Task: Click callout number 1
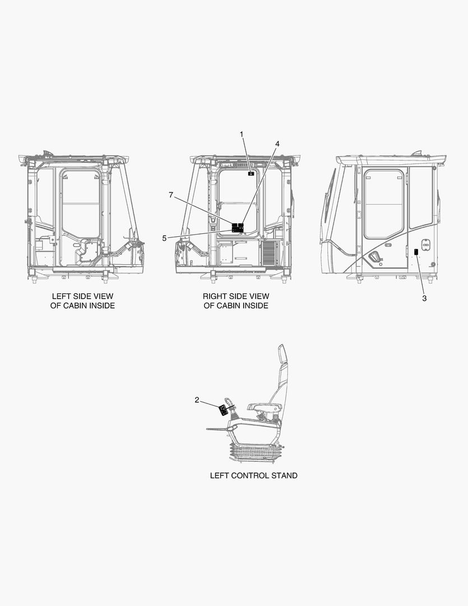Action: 242,135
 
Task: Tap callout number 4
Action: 277,144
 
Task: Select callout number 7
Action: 171,195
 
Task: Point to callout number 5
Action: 164,238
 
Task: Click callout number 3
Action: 424,299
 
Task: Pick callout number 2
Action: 197,400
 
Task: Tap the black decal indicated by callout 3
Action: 416,252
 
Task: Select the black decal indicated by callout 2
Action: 223,410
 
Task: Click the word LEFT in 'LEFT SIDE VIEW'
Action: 61,296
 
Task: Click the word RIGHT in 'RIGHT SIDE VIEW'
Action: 214,296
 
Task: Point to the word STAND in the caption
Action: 284,475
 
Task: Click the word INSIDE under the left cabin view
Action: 103,306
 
